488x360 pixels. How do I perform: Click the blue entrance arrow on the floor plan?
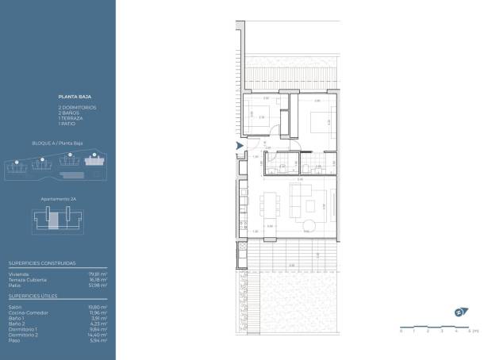point(240,146)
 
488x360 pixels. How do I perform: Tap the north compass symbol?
point(459,311)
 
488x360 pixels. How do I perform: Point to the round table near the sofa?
point(310,227)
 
